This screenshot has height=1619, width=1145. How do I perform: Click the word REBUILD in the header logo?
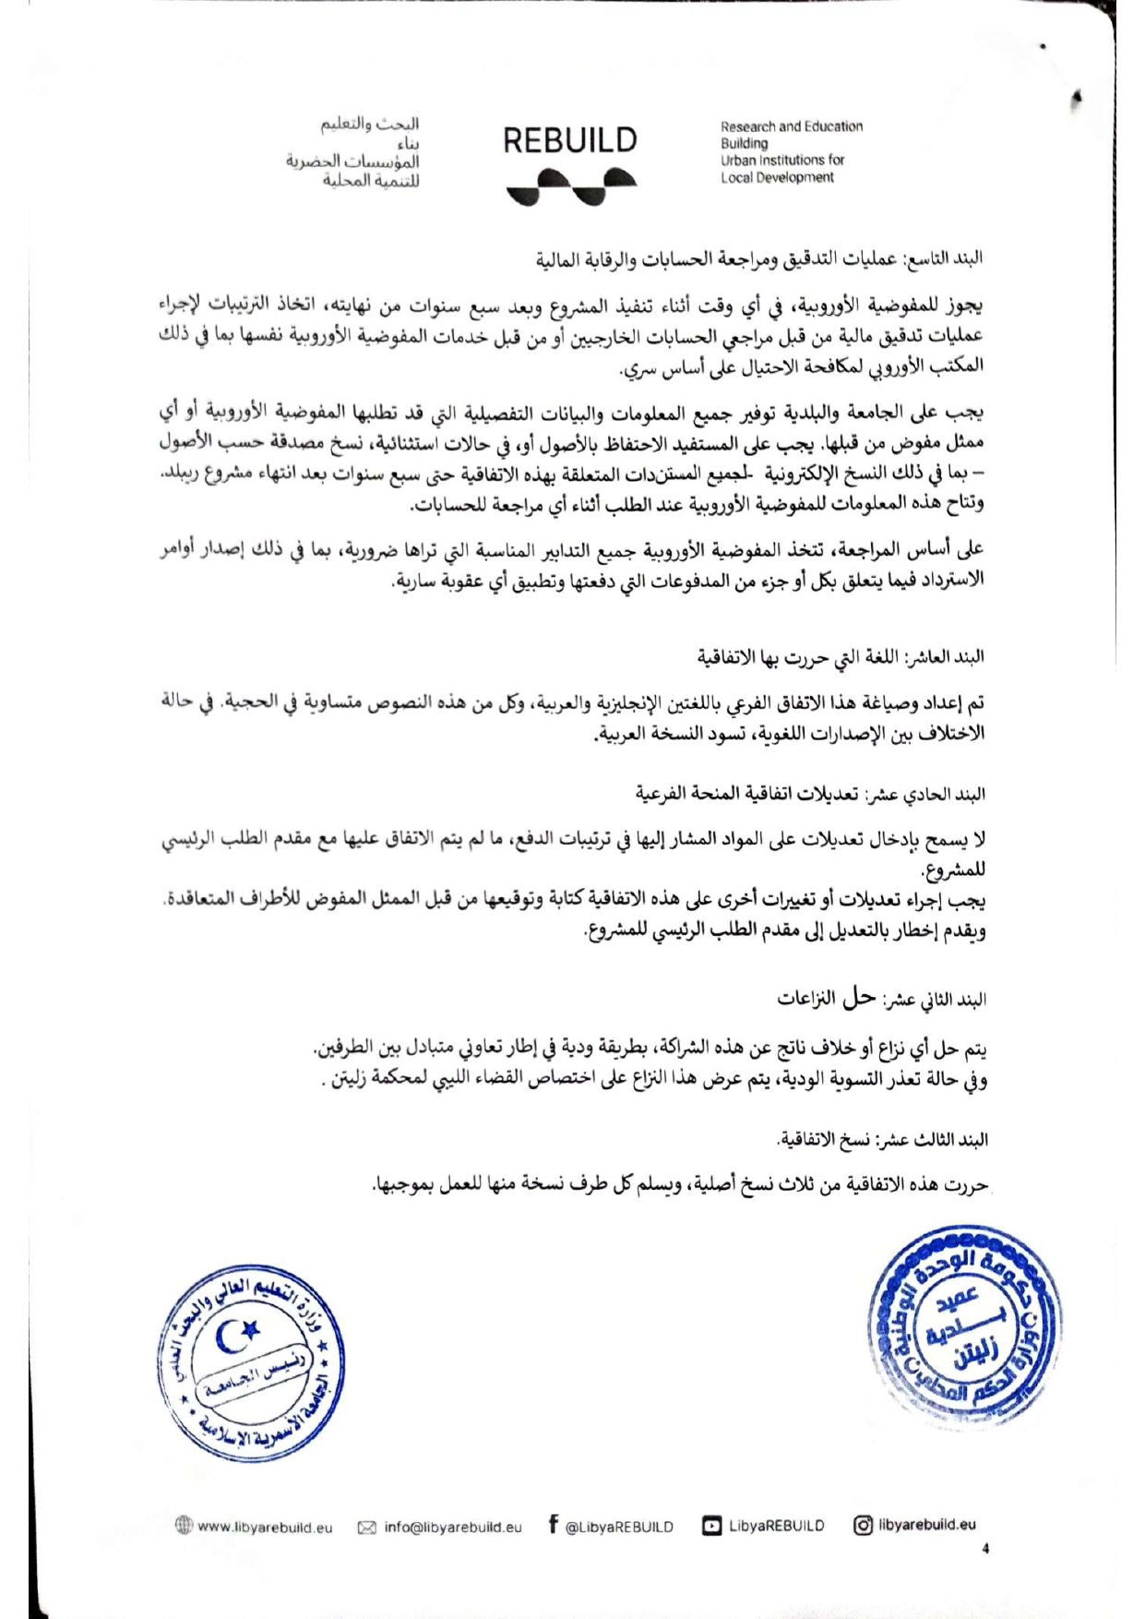(x=569, y=140)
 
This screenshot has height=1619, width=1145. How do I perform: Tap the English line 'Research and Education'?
(x=792, y=126)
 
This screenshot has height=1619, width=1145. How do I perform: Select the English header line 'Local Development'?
(x=777, y=177)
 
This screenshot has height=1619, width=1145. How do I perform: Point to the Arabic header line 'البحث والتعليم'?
(x=370, y=124)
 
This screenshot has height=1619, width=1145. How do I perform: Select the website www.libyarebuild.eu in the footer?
(x=264, y=1528)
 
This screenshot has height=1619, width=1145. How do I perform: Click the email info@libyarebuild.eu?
(x=452, y=1528)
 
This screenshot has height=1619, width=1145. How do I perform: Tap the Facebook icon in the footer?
(x=553, y=1524)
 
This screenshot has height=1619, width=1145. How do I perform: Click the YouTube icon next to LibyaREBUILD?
(x=711, y=1526)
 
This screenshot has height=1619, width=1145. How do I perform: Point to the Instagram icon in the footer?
(x=863, y=1525)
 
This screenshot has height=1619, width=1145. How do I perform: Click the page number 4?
(x=985, y=1549)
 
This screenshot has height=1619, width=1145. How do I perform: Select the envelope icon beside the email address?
(x=366, y=1528)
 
